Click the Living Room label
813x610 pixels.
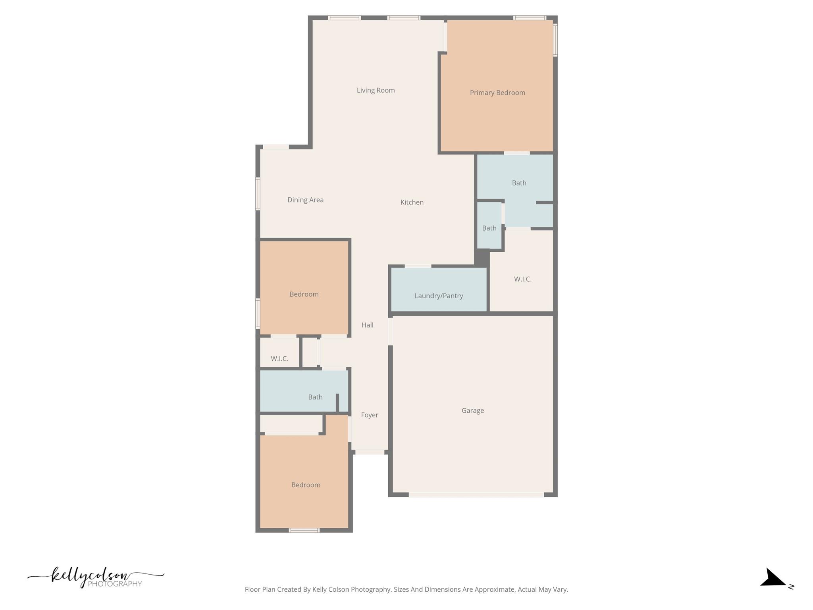click(x=376, y=90)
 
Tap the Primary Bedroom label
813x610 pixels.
click(x=497, y=93)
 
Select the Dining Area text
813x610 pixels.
click(x=305, y=200)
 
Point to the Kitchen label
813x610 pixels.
click(x=412, y=202)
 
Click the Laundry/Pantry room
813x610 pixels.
click(x=439, y=295)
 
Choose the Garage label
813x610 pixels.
click(x=472, y=410)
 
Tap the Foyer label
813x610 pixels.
click(x=369, y=415)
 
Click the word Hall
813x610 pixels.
click(x=367, y=325)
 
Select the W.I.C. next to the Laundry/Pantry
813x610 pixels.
click(x=522, y=279)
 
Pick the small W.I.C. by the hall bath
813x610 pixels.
click(x=279, y=358)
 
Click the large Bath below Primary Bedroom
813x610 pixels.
click(x=519, y=183)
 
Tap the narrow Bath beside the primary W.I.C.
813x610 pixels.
click(x=489, y=228)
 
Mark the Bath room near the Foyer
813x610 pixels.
click(x=315, y=397)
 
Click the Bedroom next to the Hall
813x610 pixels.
click(x=304, y=294)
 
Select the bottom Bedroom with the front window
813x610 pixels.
click(x=305, y=485)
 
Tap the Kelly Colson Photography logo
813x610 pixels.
click(x=96, y=577)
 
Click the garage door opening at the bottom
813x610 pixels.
click(x=476, y=494)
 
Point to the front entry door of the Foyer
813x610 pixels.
click(x=370, y=452)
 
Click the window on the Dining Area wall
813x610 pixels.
click(x=258, y=194)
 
